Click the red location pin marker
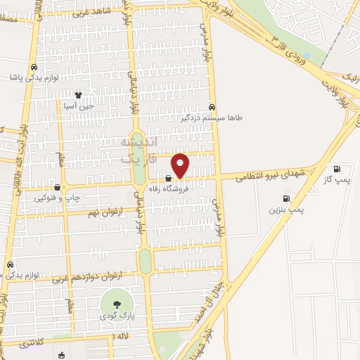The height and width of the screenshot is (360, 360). pos(181,165)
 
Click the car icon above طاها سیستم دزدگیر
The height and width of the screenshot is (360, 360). pos(212,107)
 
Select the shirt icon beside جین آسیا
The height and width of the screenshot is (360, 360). pos(79,94)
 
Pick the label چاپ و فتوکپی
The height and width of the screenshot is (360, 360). pos(58,198)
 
